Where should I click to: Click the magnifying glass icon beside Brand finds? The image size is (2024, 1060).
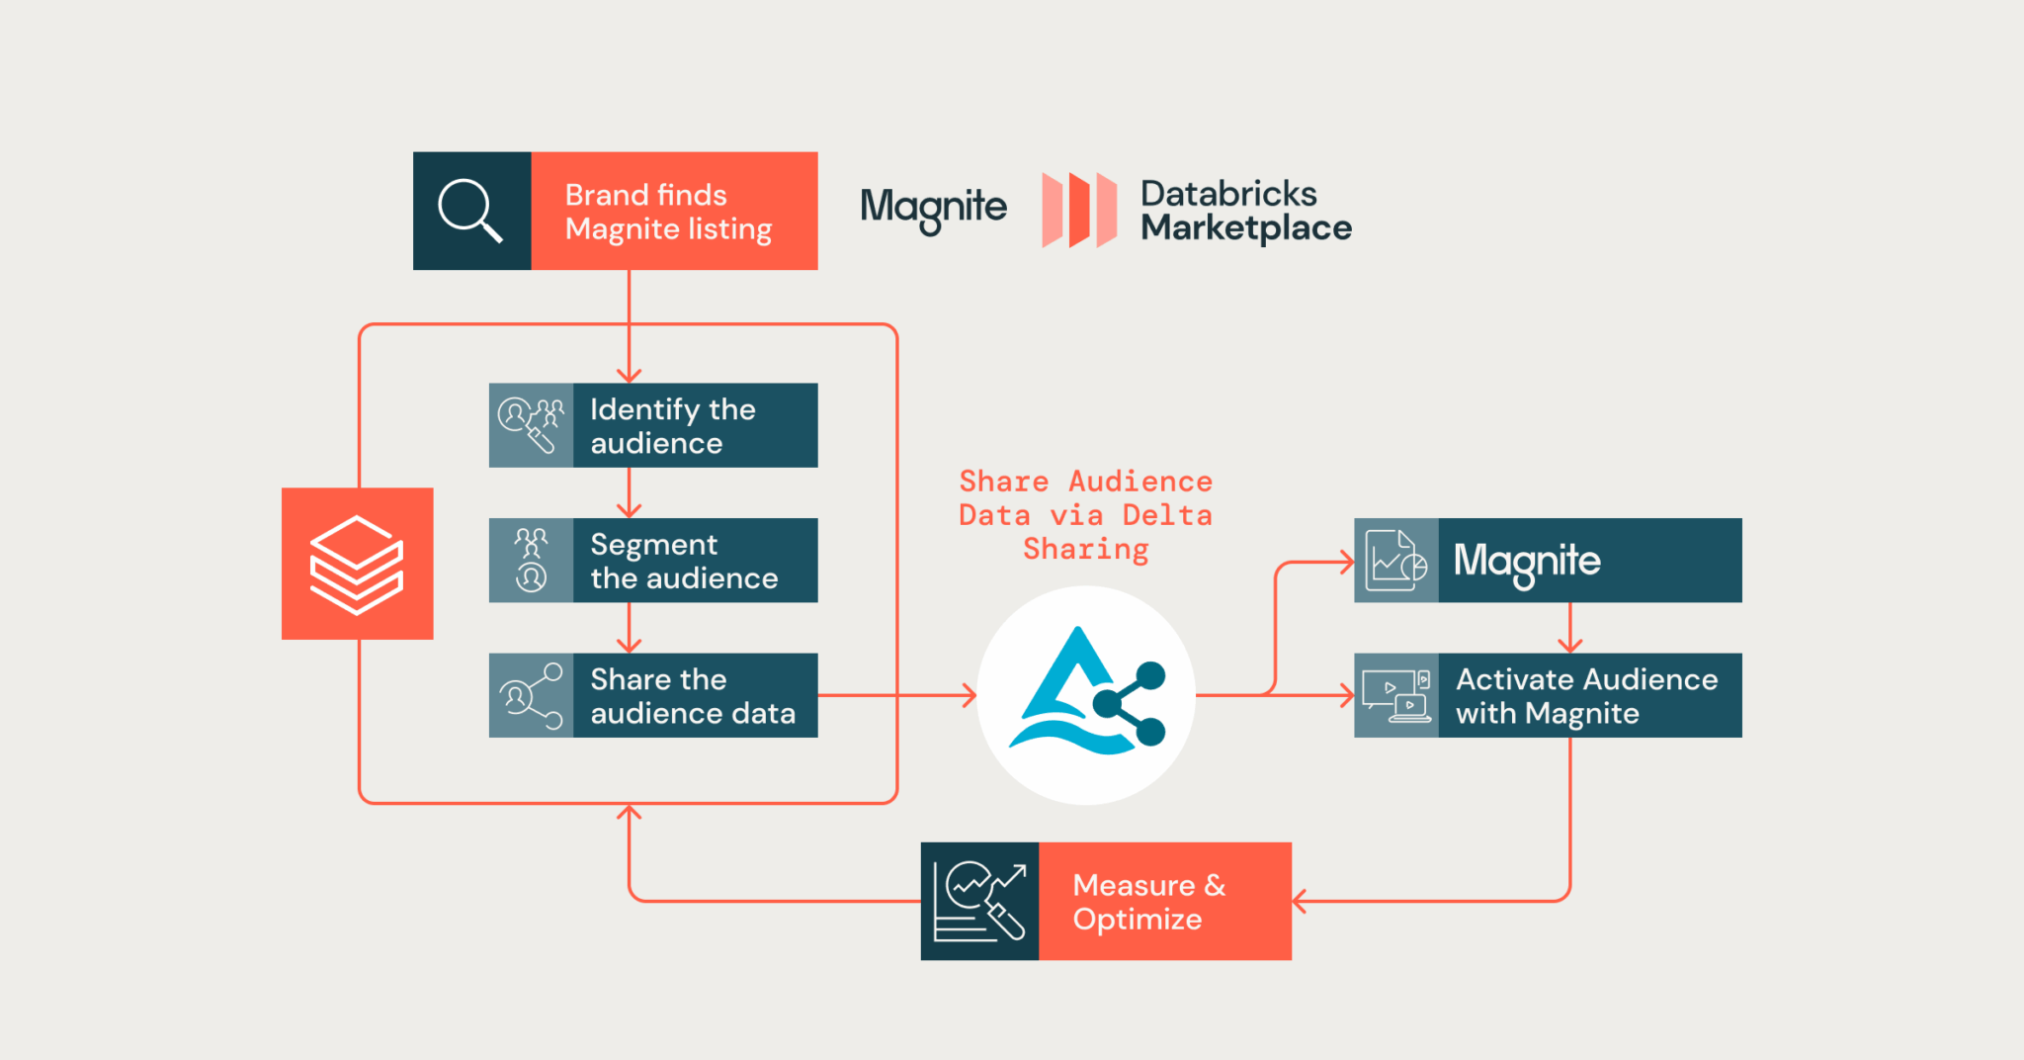pos(470,210)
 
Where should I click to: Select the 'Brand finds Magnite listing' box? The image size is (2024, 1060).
pos(673,211)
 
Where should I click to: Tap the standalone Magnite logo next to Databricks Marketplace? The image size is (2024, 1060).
pos(933,208)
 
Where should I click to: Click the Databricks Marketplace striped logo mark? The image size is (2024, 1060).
pos(1079,210)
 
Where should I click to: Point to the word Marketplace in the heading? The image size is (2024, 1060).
pos(1245,228)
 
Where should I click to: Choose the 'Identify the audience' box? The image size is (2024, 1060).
pos(694,425)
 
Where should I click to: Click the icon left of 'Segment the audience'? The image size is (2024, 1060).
pos(531,560)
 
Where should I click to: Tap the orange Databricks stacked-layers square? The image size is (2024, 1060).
pos(357,564)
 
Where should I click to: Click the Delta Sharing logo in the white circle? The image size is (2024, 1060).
pos(1086,694)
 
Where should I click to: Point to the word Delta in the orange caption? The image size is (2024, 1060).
pos(1166,515)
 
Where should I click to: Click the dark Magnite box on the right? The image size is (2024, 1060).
pos(1588,560)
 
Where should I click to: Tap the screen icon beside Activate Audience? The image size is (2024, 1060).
pos(1395,695)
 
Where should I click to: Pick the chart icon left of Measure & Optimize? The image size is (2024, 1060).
pos(979,901)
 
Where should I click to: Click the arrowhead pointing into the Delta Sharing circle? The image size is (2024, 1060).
pos(970,695)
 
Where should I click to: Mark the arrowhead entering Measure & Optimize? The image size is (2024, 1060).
pos(1299,901)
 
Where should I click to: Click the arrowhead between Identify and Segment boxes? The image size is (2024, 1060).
pos(629,510)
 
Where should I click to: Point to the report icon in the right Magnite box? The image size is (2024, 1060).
pos(1395,560)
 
